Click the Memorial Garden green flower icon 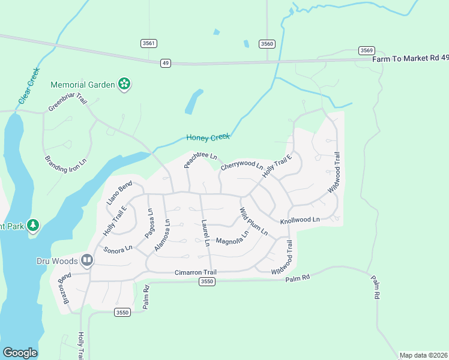point(124,85)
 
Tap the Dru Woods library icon point(87,260)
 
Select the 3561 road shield point(149,43)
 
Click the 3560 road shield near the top point(267,44)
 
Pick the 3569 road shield point(366,50)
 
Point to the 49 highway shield point(166,62)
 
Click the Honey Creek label point(208,137)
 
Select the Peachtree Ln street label point(200,159)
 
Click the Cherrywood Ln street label point(242,165)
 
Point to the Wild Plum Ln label point(253,221)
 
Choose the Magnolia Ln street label point(232,240)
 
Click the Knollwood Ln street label point(300,220)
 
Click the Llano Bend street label point(119,193)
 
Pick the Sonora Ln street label point(117,249)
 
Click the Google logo point(20,353)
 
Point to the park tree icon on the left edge point(34,226)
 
